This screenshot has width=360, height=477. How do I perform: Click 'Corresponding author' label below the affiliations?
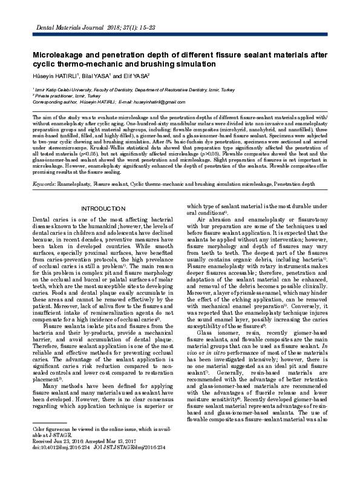pyautogui.click(x=56, y=102)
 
